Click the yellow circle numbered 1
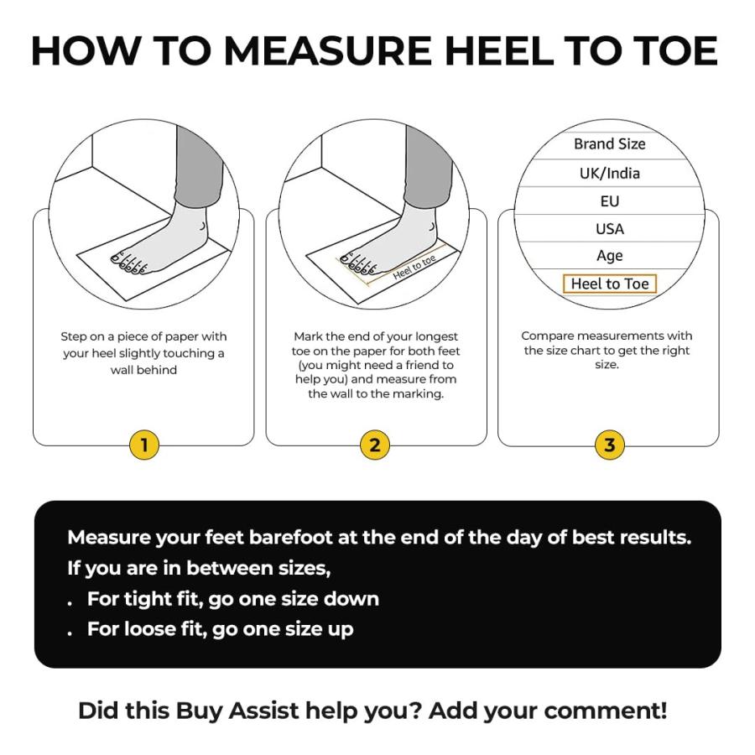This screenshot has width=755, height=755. (144, 445)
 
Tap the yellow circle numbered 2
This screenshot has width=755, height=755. (375, 445)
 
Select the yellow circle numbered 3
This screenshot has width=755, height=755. (610, 445)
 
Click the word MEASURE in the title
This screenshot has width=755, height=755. (328, 50)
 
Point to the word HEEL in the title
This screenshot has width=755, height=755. (499, 50)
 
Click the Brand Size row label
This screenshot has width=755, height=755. (610, 143)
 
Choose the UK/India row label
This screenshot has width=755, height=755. (610, 174)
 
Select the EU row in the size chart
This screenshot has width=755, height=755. (610, 200)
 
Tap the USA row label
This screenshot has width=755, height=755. (610, 229)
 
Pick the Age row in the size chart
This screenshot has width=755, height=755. (610, 256)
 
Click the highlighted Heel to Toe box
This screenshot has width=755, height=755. (610, 284)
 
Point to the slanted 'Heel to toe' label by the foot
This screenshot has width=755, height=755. (414, 268)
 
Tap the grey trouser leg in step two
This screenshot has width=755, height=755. (428, 166)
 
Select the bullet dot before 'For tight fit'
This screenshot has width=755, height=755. (70, 603)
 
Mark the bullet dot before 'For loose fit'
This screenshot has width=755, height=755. (70, 633)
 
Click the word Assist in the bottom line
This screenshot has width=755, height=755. (264, 711)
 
